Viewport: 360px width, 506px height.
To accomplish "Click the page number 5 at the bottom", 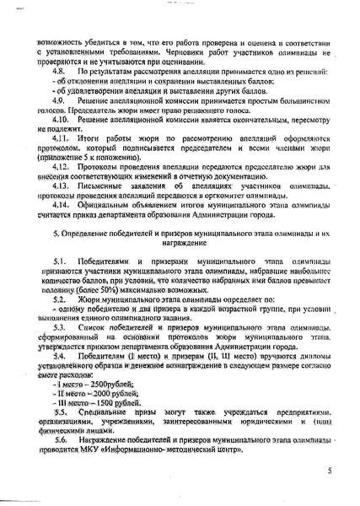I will (330, 476).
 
